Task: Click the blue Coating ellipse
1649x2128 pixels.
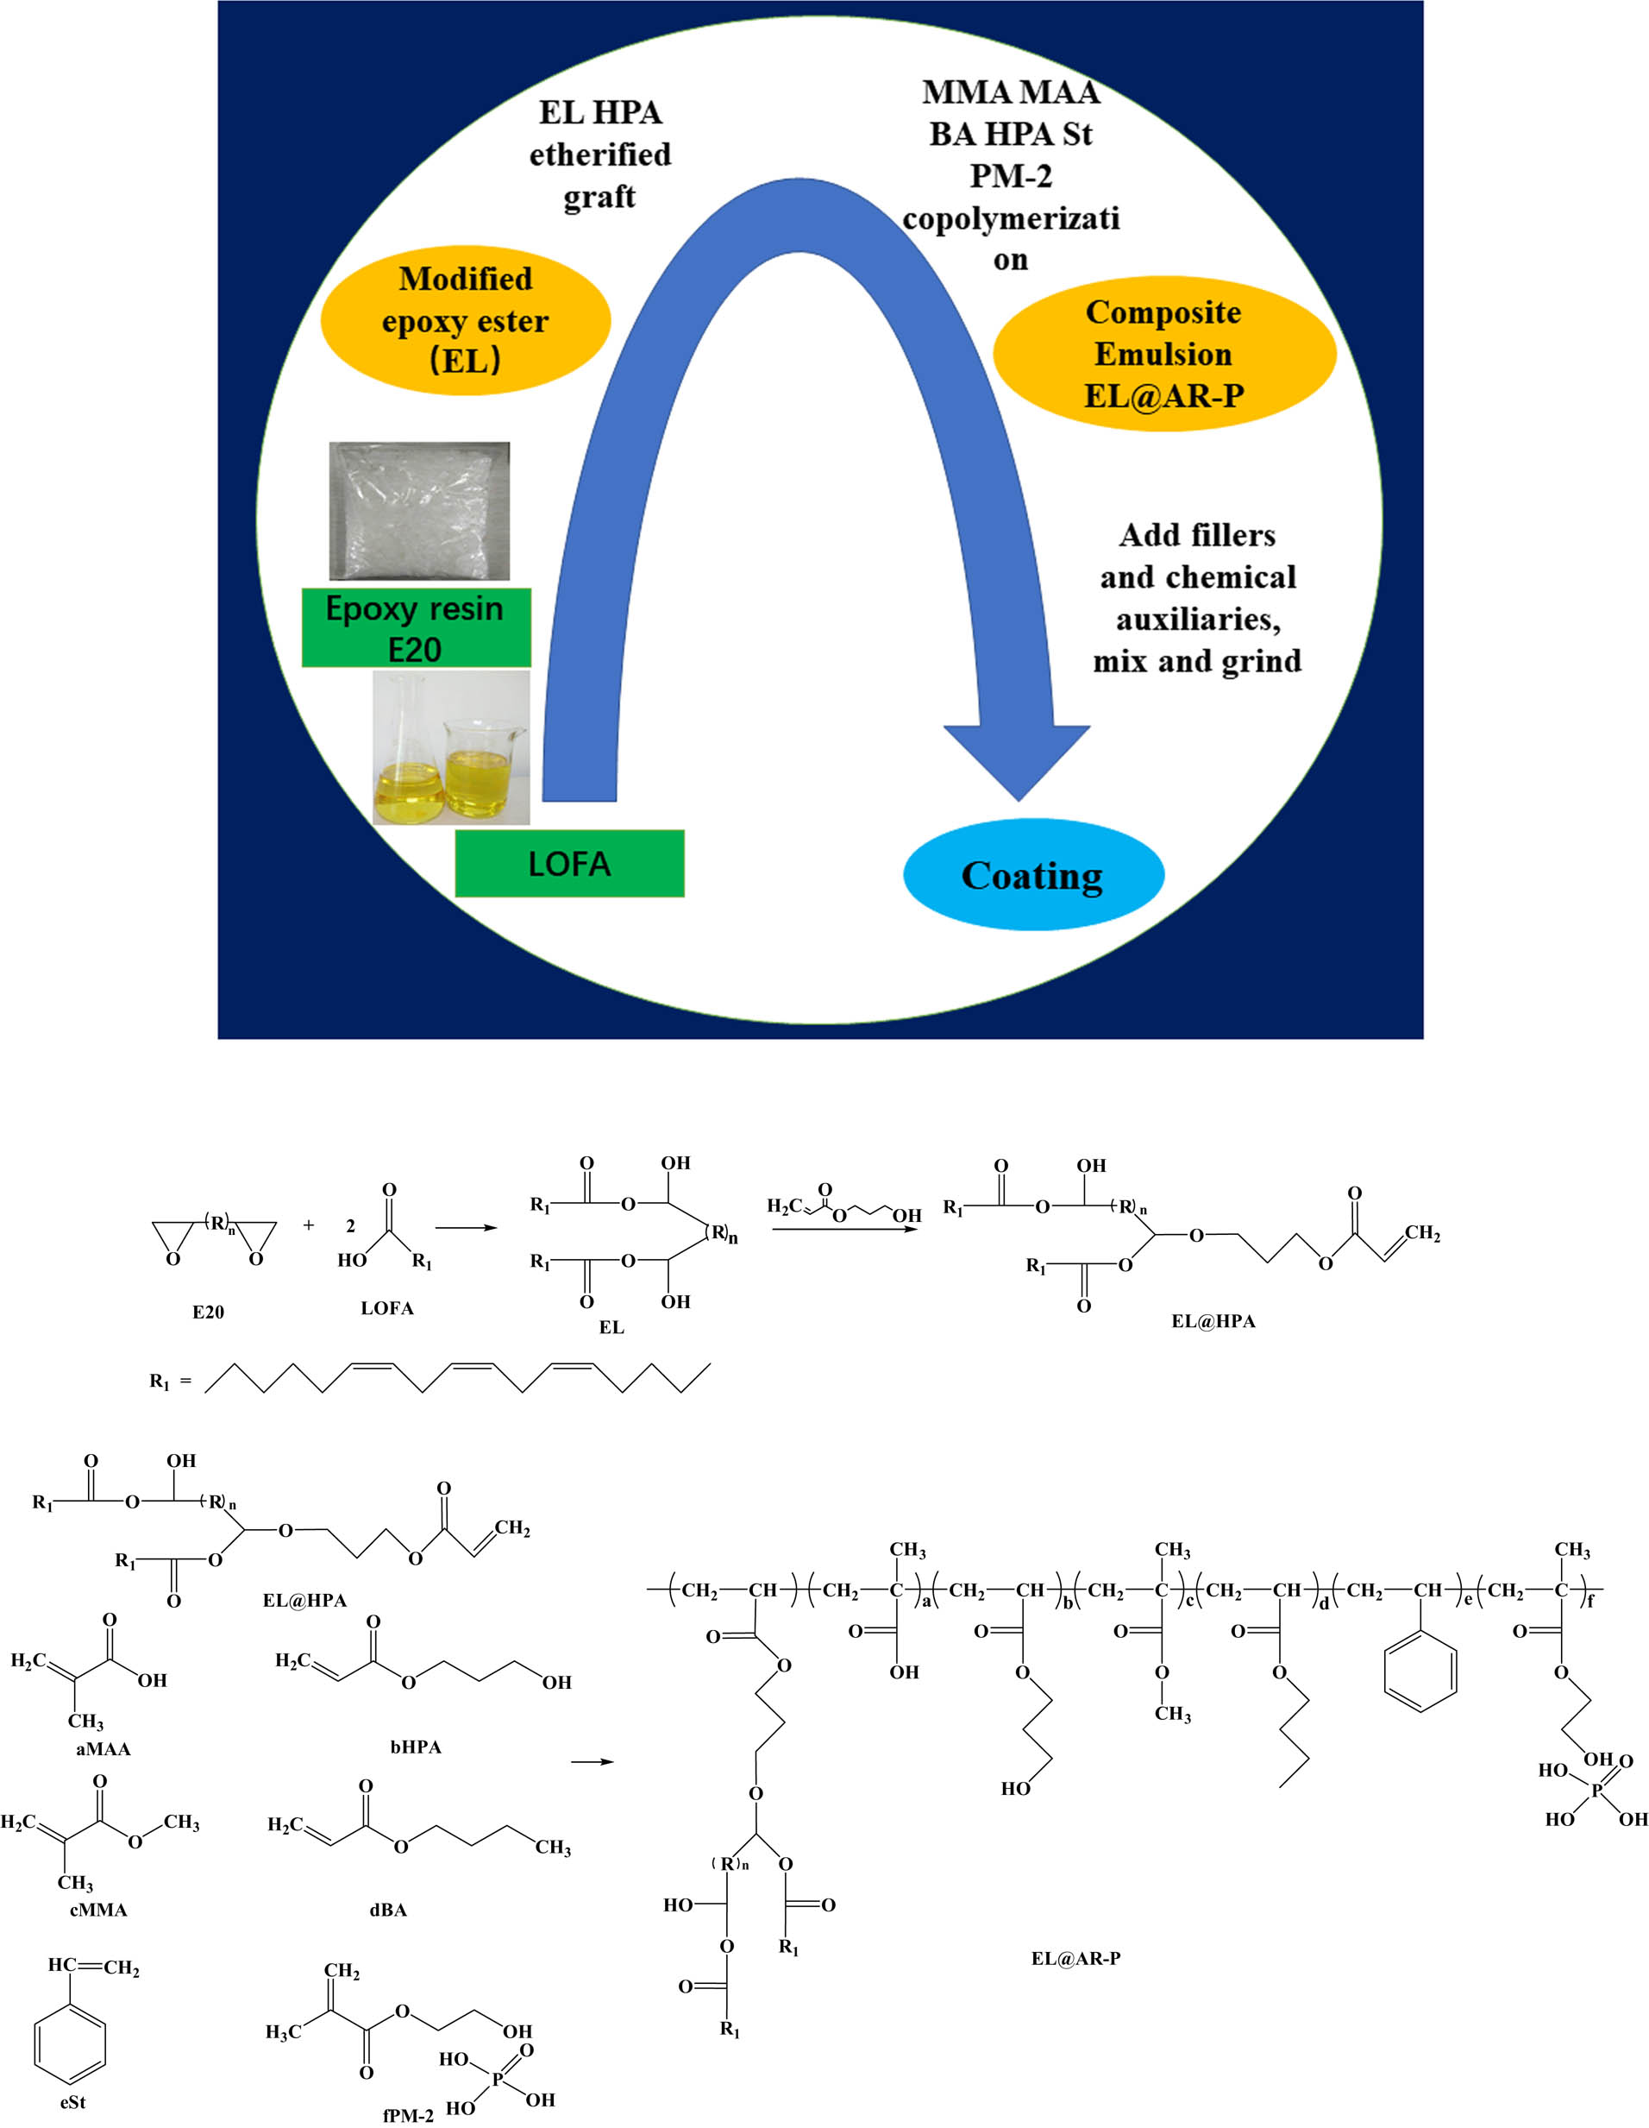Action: pyautogui.click(x=1033, y=874)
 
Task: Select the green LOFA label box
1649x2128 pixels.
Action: pyautogui.click(x=569, y=863)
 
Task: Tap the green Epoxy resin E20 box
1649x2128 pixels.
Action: pyautogui.click(x=416, y=627)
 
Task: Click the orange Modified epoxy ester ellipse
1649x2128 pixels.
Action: pyautogui.click(x=466, y=319)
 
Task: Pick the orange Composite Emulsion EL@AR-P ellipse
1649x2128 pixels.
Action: pyautogui.click(x=1164, y=354)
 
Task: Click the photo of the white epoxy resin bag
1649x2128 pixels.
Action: pyautogui.click(x=419, y=512)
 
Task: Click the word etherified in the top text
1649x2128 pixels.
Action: pyautogui.click(x=600, y=154)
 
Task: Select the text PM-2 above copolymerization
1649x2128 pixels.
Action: pyautogui.click(x=1010, y=175)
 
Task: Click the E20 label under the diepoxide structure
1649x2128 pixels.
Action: pyautogui.click(x=208, y=1313)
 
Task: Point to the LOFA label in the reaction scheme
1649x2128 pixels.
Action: pyautogui.click(x=386, y=1308)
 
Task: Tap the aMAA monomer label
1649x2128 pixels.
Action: pyautogui.click(x=103, y=1749)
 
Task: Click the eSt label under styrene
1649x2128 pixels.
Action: pyautogui.click(x=73, y=2103)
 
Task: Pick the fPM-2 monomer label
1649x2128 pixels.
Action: pyautogui.click(x=408, y=2115)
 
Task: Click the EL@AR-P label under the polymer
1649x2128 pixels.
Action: pyautogui.click(x=1075, y=1957)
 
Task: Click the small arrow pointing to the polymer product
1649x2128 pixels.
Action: pyautogui.click(x=592, y=1761)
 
